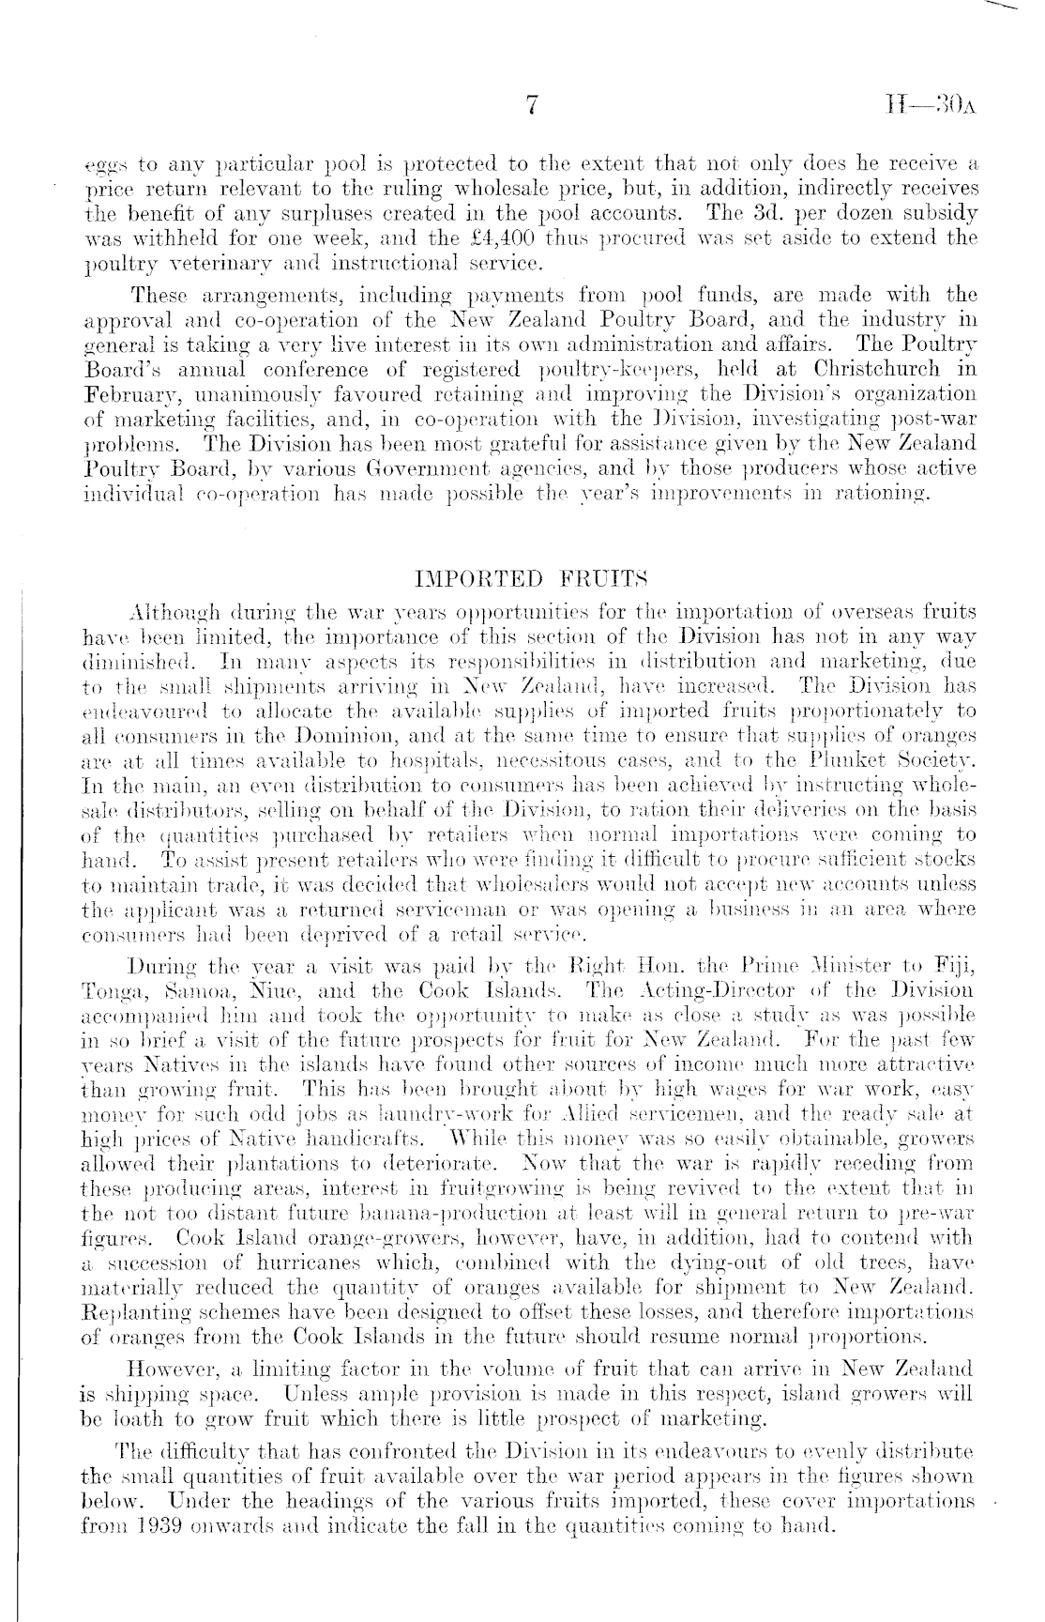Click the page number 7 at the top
[530, 107]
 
